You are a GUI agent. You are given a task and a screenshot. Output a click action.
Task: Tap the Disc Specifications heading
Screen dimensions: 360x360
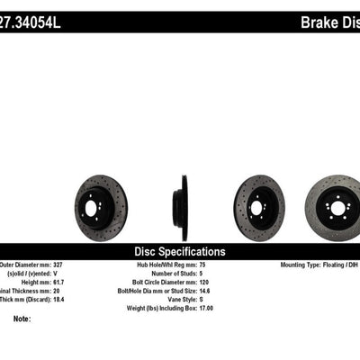coord(180,252)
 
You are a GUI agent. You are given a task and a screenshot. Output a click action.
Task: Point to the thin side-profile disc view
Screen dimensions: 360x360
coord(184,195)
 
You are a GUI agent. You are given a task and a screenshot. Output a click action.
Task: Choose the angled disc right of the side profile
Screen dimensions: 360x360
coord(259,195)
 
